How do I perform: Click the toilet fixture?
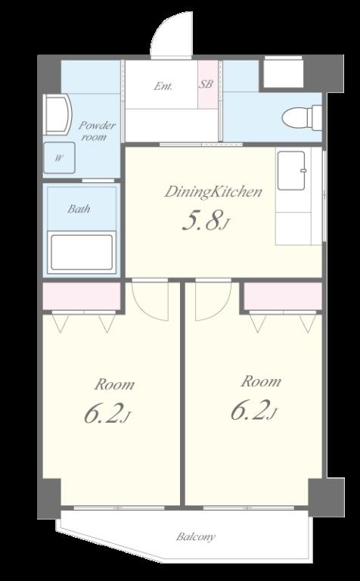(x=302, y=117)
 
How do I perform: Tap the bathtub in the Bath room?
(x=82, y=253)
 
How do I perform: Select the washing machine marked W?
(x=59, y=157)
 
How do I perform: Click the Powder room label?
(x=95, y=131)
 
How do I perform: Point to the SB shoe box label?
(x=206, y=84)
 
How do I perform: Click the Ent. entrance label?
(x=163, y=87)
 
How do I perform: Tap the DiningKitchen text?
(x=213, y=192)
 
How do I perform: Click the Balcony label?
(x=196, y=536)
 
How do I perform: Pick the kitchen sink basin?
(x=292, y=170)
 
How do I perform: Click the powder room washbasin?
(x=57, y=114)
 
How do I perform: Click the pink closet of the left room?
(x=82, y=296)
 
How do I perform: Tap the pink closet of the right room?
(x=283, y=296)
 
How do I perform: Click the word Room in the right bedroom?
(x=261, y=381)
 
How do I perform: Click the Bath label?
(x=79, y=209)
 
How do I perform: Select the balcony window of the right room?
(x=249, y=508)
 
